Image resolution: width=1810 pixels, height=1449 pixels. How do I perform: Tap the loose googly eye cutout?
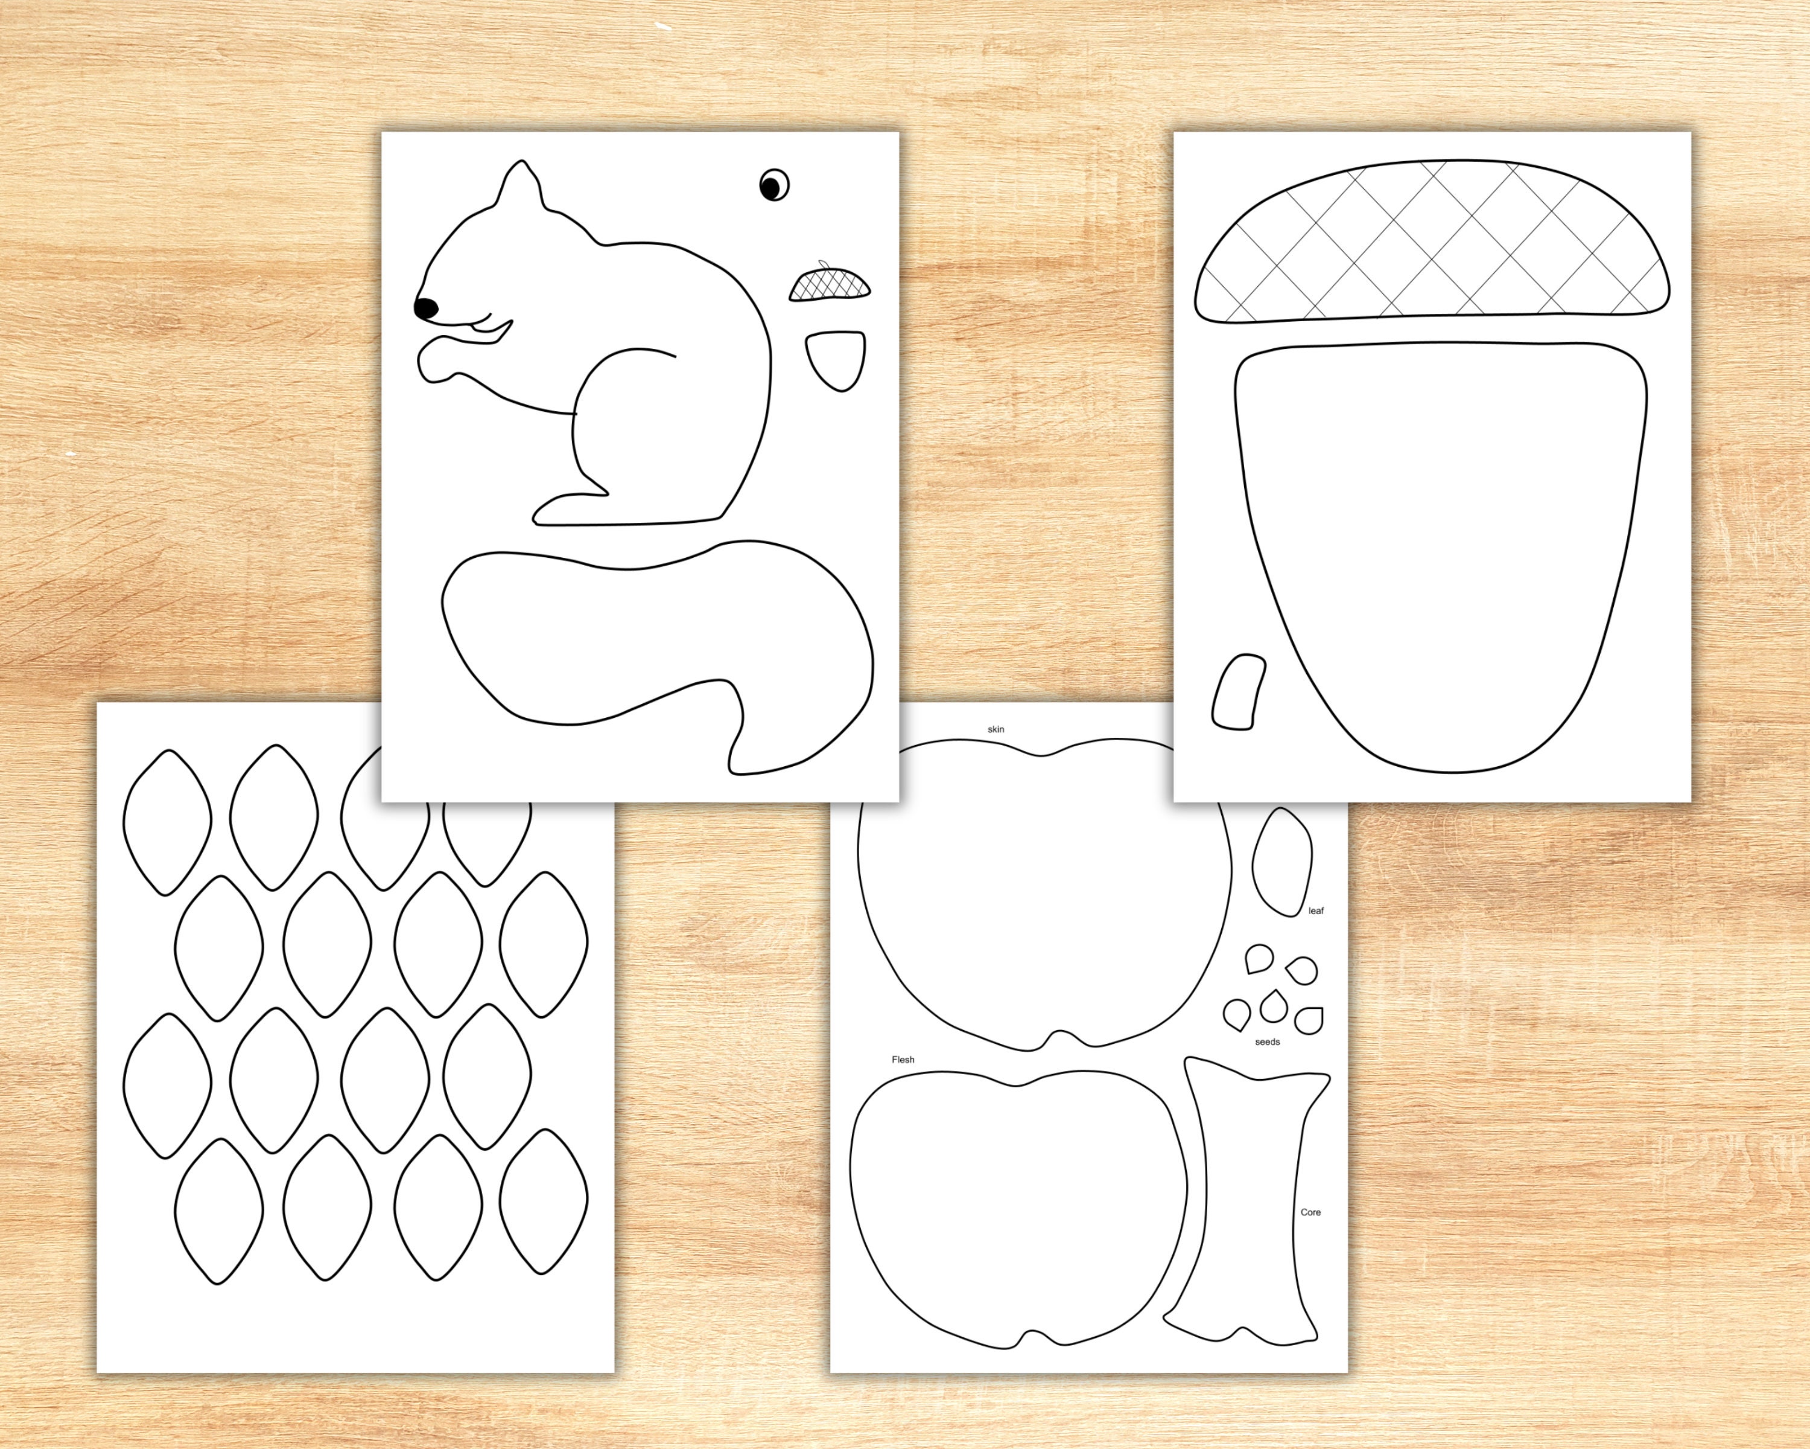[x=774, y=185]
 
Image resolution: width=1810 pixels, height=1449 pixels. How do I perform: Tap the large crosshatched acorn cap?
[x=1431, y=243]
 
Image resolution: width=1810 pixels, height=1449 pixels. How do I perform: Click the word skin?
[x=996, y=729]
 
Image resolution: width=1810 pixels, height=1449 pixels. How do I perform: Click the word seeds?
[x=1267, y=1041]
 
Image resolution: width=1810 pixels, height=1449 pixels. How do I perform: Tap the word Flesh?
[x=903, y=1059]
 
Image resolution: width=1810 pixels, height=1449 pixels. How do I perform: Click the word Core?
[x=1310, y=1212]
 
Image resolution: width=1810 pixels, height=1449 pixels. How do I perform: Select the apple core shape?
[x=1251, y=1209]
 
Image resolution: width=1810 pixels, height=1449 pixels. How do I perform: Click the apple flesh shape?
[x=1016, y=1218]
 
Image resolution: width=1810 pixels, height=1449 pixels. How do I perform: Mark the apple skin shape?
[x=1041, y=891]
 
